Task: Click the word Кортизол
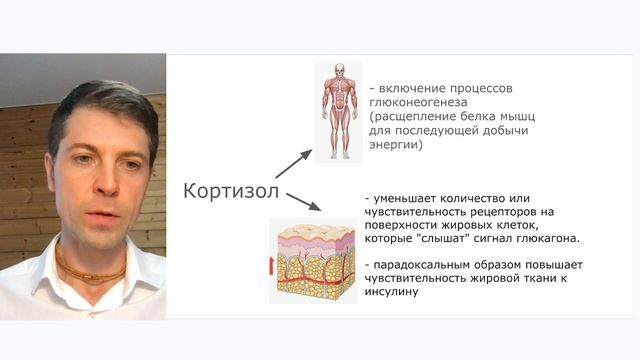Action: pyautogui.click(x=229, y=191)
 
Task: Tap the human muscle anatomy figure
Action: pyautogui.click(x=339, y=111)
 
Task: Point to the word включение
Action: pyautogui.click(x=413, y=86)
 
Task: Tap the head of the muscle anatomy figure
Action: pyautogui.click(x=339, y=72)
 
